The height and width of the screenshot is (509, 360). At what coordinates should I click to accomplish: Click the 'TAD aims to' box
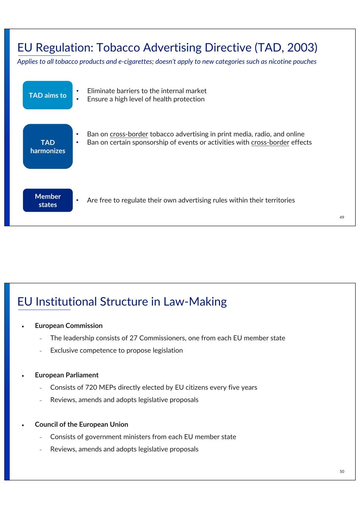[48, 95]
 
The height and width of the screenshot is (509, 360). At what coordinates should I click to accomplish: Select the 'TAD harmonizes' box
[48, 147]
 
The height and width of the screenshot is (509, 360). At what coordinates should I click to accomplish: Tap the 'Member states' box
[48, 200]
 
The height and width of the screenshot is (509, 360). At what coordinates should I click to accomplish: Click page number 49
[342, 217]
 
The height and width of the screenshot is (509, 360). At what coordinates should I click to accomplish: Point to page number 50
[342, 471]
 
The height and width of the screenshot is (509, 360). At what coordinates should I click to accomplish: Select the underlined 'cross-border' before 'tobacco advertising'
[129, 134]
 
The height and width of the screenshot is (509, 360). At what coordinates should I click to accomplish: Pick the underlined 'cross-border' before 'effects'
[270, 142]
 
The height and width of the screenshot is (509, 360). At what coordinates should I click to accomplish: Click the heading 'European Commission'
[69, 326]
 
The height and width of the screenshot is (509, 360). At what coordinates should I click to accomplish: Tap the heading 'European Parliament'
[67, 375]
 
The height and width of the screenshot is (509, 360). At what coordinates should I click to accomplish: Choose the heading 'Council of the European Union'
[81, 424]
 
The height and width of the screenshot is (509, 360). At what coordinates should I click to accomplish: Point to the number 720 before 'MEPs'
[91, 387]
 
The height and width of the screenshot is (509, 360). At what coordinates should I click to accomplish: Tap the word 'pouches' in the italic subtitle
[305, 62]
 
